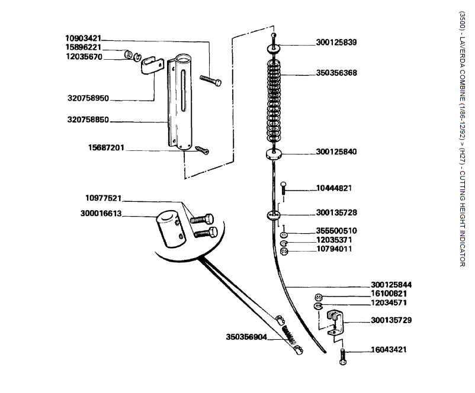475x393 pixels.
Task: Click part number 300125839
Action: [336, 43]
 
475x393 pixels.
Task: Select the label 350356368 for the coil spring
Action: [336, 73]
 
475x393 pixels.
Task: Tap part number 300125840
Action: [336, 152]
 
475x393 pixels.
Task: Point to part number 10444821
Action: [333, 188]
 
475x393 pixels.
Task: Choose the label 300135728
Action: [336, 212]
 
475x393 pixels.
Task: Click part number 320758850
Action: [88, 119]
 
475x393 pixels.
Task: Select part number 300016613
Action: [101, 214]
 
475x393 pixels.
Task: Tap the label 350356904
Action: [246, 337]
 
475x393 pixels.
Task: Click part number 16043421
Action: [389, 350]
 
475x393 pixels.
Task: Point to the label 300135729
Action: [391, 320]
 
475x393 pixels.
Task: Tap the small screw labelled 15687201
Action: [203, 150]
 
